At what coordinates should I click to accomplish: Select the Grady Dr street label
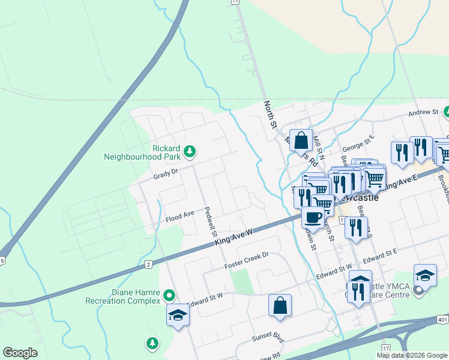point(166,172)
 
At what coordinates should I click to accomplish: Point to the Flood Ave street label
point(180,214)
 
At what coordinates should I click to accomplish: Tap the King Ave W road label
point(234,238)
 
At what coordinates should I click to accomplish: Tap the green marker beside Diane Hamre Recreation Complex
point(169,295)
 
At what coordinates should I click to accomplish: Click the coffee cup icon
point(313,218)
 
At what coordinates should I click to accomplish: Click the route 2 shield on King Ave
point(148,263)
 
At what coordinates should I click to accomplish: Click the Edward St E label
point(380,256)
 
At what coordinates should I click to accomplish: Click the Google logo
point(20,353)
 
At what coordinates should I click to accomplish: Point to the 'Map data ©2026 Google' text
point(412,355)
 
